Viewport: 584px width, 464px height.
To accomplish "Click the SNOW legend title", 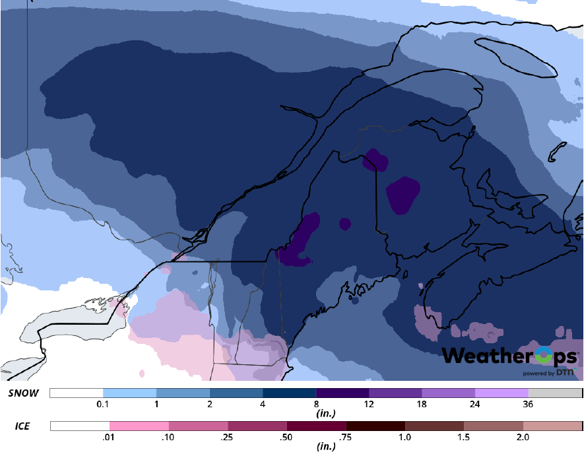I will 24,393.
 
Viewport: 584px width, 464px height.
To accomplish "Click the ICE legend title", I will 22,427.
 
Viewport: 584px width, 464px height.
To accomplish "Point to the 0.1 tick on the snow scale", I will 103,404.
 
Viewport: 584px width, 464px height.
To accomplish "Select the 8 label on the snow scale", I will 316,404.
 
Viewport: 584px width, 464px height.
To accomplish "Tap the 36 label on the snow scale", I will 529,404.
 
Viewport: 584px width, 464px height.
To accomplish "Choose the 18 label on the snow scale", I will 422,404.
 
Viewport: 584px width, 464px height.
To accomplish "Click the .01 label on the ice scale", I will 110,437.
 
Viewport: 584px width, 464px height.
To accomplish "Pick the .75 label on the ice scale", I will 346,437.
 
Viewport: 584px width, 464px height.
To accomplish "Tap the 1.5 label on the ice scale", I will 464,437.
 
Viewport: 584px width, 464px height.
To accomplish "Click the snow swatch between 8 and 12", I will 342,393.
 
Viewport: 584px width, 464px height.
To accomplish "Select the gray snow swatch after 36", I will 555,393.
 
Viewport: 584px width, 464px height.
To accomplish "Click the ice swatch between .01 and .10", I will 139,426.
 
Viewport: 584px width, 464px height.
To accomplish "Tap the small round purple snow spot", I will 344,224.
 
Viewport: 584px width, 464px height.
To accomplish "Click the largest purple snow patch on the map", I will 403,195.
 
